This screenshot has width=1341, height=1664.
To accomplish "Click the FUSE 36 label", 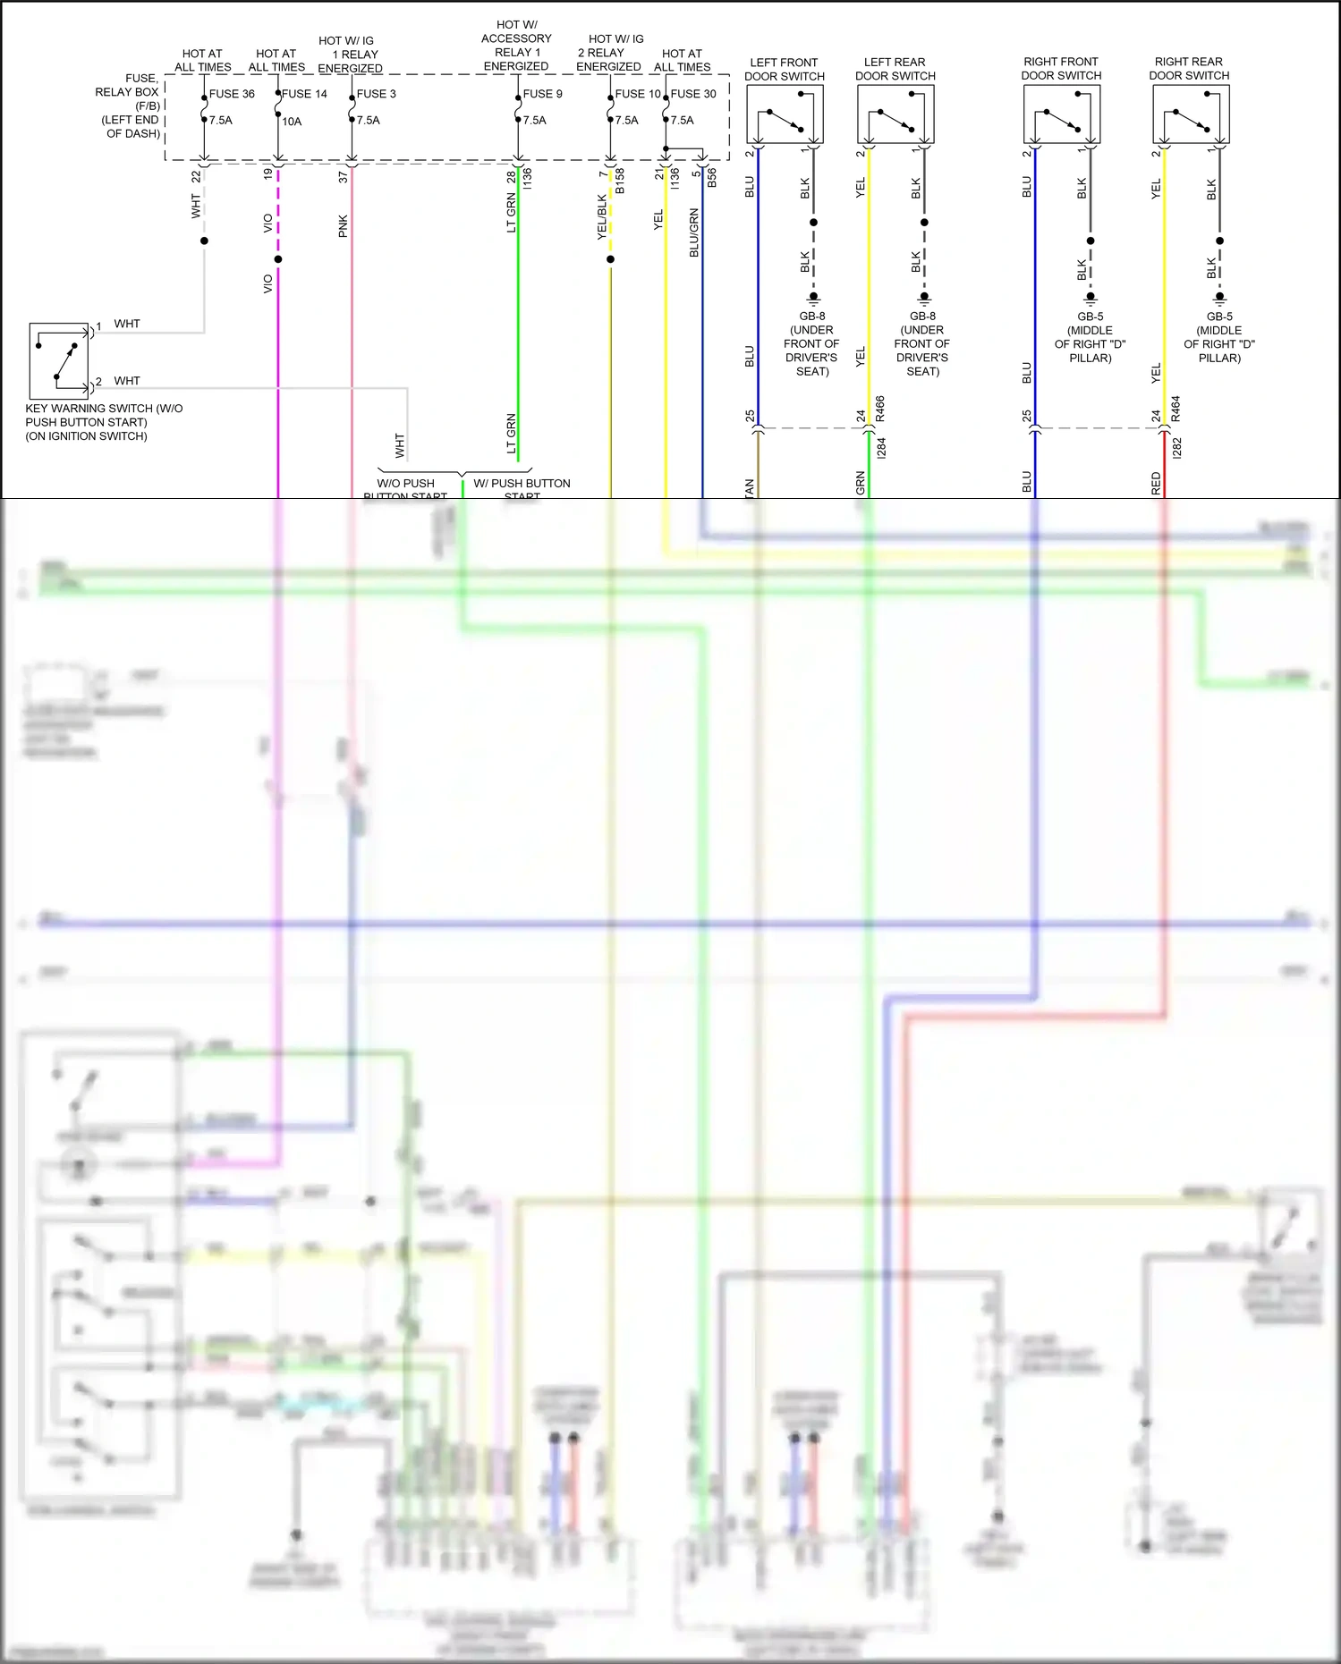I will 232,94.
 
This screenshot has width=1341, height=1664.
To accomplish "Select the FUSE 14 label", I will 304,94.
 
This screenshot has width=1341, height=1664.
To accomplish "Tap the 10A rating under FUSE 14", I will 292,122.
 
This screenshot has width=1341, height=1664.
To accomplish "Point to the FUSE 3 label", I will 376,94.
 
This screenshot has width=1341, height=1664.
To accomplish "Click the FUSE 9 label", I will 542,94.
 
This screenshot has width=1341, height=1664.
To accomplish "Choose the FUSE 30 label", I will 693,94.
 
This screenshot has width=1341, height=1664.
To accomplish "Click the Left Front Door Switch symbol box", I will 785,114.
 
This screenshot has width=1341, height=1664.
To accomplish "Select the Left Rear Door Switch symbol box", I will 895,114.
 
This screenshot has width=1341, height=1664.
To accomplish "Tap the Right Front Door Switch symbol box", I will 1062,114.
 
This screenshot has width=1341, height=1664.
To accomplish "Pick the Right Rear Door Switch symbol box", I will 1191,114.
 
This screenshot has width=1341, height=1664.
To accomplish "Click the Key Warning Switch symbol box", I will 59,361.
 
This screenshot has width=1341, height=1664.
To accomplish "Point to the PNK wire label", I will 344,226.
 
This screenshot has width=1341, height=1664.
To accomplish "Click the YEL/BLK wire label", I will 602,217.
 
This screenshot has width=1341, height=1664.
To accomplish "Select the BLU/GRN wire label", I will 694,233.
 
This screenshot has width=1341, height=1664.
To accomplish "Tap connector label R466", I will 880,409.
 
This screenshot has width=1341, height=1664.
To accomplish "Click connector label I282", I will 1176,448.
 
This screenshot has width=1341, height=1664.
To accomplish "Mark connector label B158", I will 620,180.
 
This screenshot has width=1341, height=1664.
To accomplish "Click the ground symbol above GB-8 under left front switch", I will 813,299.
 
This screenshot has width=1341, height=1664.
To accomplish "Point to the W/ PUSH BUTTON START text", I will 522,484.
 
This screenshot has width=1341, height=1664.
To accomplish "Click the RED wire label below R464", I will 1156,484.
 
